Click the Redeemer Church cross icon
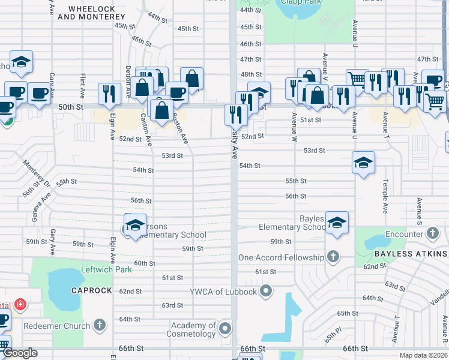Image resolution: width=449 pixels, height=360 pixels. [100, 326]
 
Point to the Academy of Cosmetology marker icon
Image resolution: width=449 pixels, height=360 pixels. [225, 328]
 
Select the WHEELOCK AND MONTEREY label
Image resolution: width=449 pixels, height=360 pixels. [91, 13]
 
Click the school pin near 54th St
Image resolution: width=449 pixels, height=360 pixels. [363, 163]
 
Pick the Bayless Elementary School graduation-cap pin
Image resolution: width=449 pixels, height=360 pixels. [337, 222]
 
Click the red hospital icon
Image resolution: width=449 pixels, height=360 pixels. [20, 305]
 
